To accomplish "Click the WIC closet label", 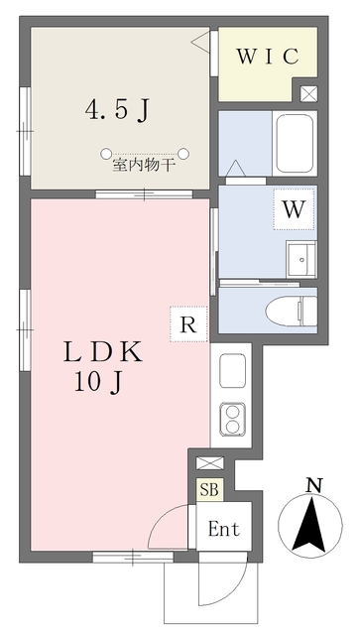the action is (x=268, y=57).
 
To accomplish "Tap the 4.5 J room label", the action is (x=118, y=110).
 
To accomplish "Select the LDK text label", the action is (x=103, y=352).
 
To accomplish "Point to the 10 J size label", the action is (x=98, y=382).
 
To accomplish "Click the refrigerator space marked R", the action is (x=188, y=324).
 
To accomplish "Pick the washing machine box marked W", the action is (x=294, y=209).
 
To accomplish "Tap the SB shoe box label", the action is (x=210, y=489).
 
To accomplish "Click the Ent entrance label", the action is (x=224, y=529).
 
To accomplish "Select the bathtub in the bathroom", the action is (x=295, y=143).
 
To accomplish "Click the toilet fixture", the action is (x=292, y=311).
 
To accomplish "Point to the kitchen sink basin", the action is (x=232, y=371).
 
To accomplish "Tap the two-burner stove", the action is (x=232, y=420).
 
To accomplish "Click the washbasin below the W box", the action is (x=301, y=259).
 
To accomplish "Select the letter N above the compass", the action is (x=313, y=485).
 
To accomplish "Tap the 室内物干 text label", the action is (x=144, y=166).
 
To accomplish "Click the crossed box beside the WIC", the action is (x=308, y=94).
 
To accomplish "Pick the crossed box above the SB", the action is (x=210, y=463).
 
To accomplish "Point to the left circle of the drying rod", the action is (x=106, y=154).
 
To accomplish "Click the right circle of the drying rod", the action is (x=183, y=154).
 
